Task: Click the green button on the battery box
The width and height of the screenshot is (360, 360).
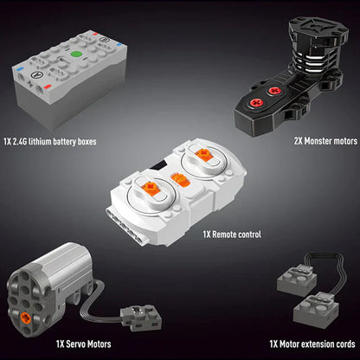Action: (76, 55)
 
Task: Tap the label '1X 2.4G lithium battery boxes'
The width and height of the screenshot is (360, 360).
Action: (50, 142)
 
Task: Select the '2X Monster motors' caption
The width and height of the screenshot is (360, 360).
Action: (325, 141)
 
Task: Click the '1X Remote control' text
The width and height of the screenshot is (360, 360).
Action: (232, 235)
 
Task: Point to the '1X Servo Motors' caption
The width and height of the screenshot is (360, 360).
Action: (84, 344)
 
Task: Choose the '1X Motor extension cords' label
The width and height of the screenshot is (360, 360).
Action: (312, 344)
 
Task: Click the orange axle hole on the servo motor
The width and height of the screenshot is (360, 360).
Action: (25, 318)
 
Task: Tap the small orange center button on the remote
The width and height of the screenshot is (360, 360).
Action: (180, 180)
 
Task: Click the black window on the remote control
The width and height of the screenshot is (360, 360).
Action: (158, 166)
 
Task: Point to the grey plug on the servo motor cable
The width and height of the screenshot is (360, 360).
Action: (141, 317)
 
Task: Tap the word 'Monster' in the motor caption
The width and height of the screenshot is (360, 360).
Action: (318, 141)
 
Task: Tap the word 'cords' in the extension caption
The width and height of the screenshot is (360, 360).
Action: (345, 344)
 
